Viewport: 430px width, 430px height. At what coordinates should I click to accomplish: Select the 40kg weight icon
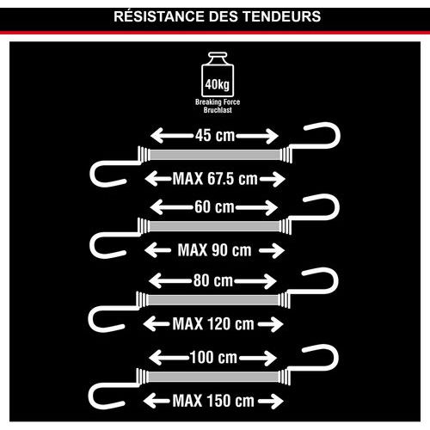(x=218, y=75)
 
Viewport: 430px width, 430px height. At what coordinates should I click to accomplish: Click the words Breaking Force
(x=218, y=101)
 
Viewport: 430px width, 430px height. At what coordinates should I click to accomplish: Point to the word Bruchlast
(x=218, y=110)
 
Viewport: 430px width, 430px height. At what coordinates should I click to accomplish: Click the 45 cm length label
(x=215, y=135)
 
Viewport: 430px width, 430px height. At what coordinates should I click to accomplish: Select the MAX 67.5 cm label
(x=215, y=179)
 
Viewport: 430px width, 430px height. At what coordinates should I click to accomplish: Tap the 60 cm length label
(x=214, y=207)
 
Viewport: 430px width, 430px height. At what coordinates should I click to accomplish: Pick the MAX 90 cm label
(x=214, y=250)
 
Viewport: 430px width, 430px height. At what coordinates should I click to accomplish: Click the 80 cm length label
(x=213, y=280)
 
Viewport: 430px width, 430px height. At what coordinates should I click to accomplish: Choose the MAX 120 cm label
(x=213, y=324)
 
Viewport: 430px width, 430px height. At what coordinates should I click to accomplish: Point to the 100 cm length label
(x=213, y=358)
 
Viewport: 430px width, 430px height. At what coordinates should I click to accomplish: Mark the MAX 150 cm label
(x=213, y=401)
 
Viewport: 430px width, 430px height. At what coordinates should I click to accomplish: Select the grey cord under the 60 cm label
(x=214, y=226)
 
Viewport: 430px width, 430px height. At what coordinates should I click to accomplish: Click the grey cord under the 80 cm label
(x=213, y=300)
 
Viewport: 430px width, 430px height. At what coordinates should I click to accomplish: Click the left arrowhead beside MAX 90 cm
(x=151, y=250)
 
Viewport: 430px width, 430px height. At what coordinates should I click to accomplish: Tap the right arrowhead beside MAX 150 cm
(x=276, y=401)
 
